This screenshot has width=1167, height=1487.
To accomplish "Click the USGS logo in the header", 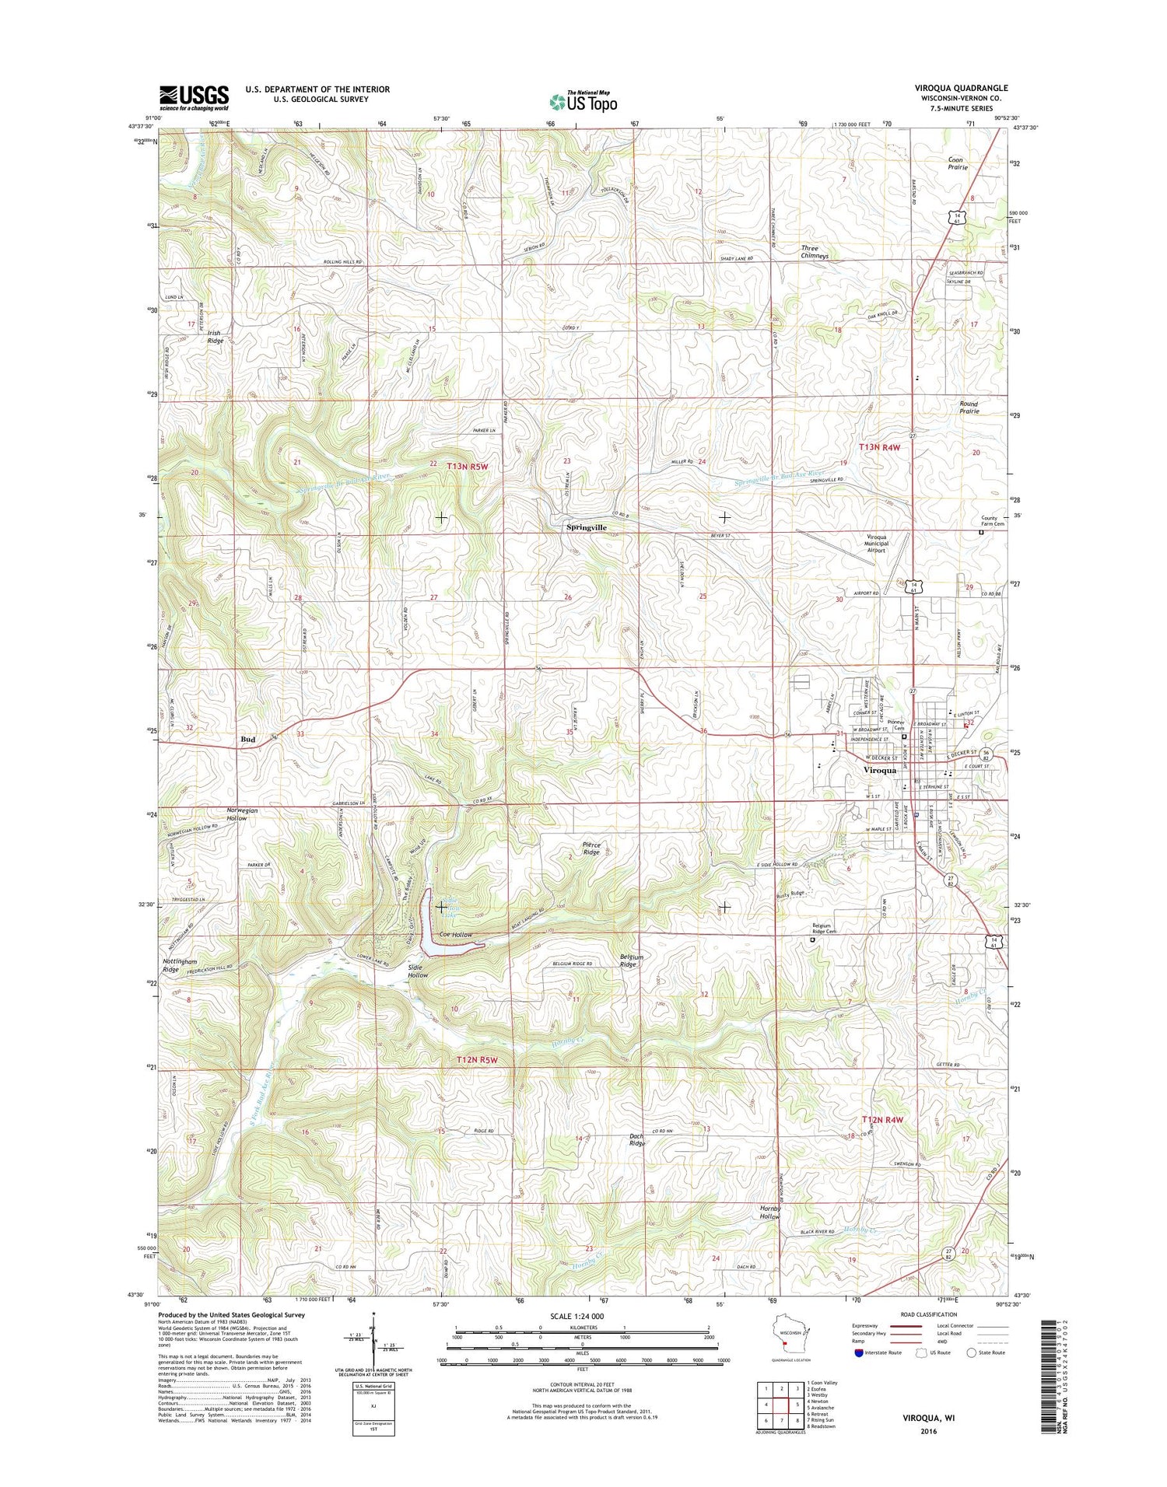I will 194,97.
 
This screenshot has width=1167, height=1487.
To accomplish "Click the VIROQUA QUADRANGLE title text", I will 961,89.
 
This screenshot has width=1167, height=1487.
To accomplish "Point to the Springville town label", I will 586,527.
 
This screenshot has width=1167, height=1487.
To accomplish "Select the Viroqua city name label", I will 880,770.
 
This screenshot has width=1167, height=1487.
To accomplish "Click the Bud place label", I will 247,739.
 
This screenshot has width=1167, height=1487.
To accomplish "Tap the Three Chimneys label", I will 815,252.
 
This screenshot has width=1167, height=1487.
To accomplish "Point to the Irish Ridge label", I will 215,337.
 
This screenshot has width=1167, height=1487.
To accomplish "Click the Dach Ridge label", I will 637,1140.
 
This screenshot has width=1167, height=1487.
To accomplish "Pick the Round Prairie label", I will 969,407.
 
